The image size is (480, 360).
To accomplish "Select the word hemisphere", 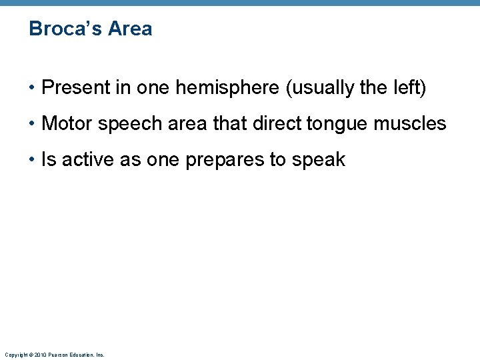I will tap(227, 88).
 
